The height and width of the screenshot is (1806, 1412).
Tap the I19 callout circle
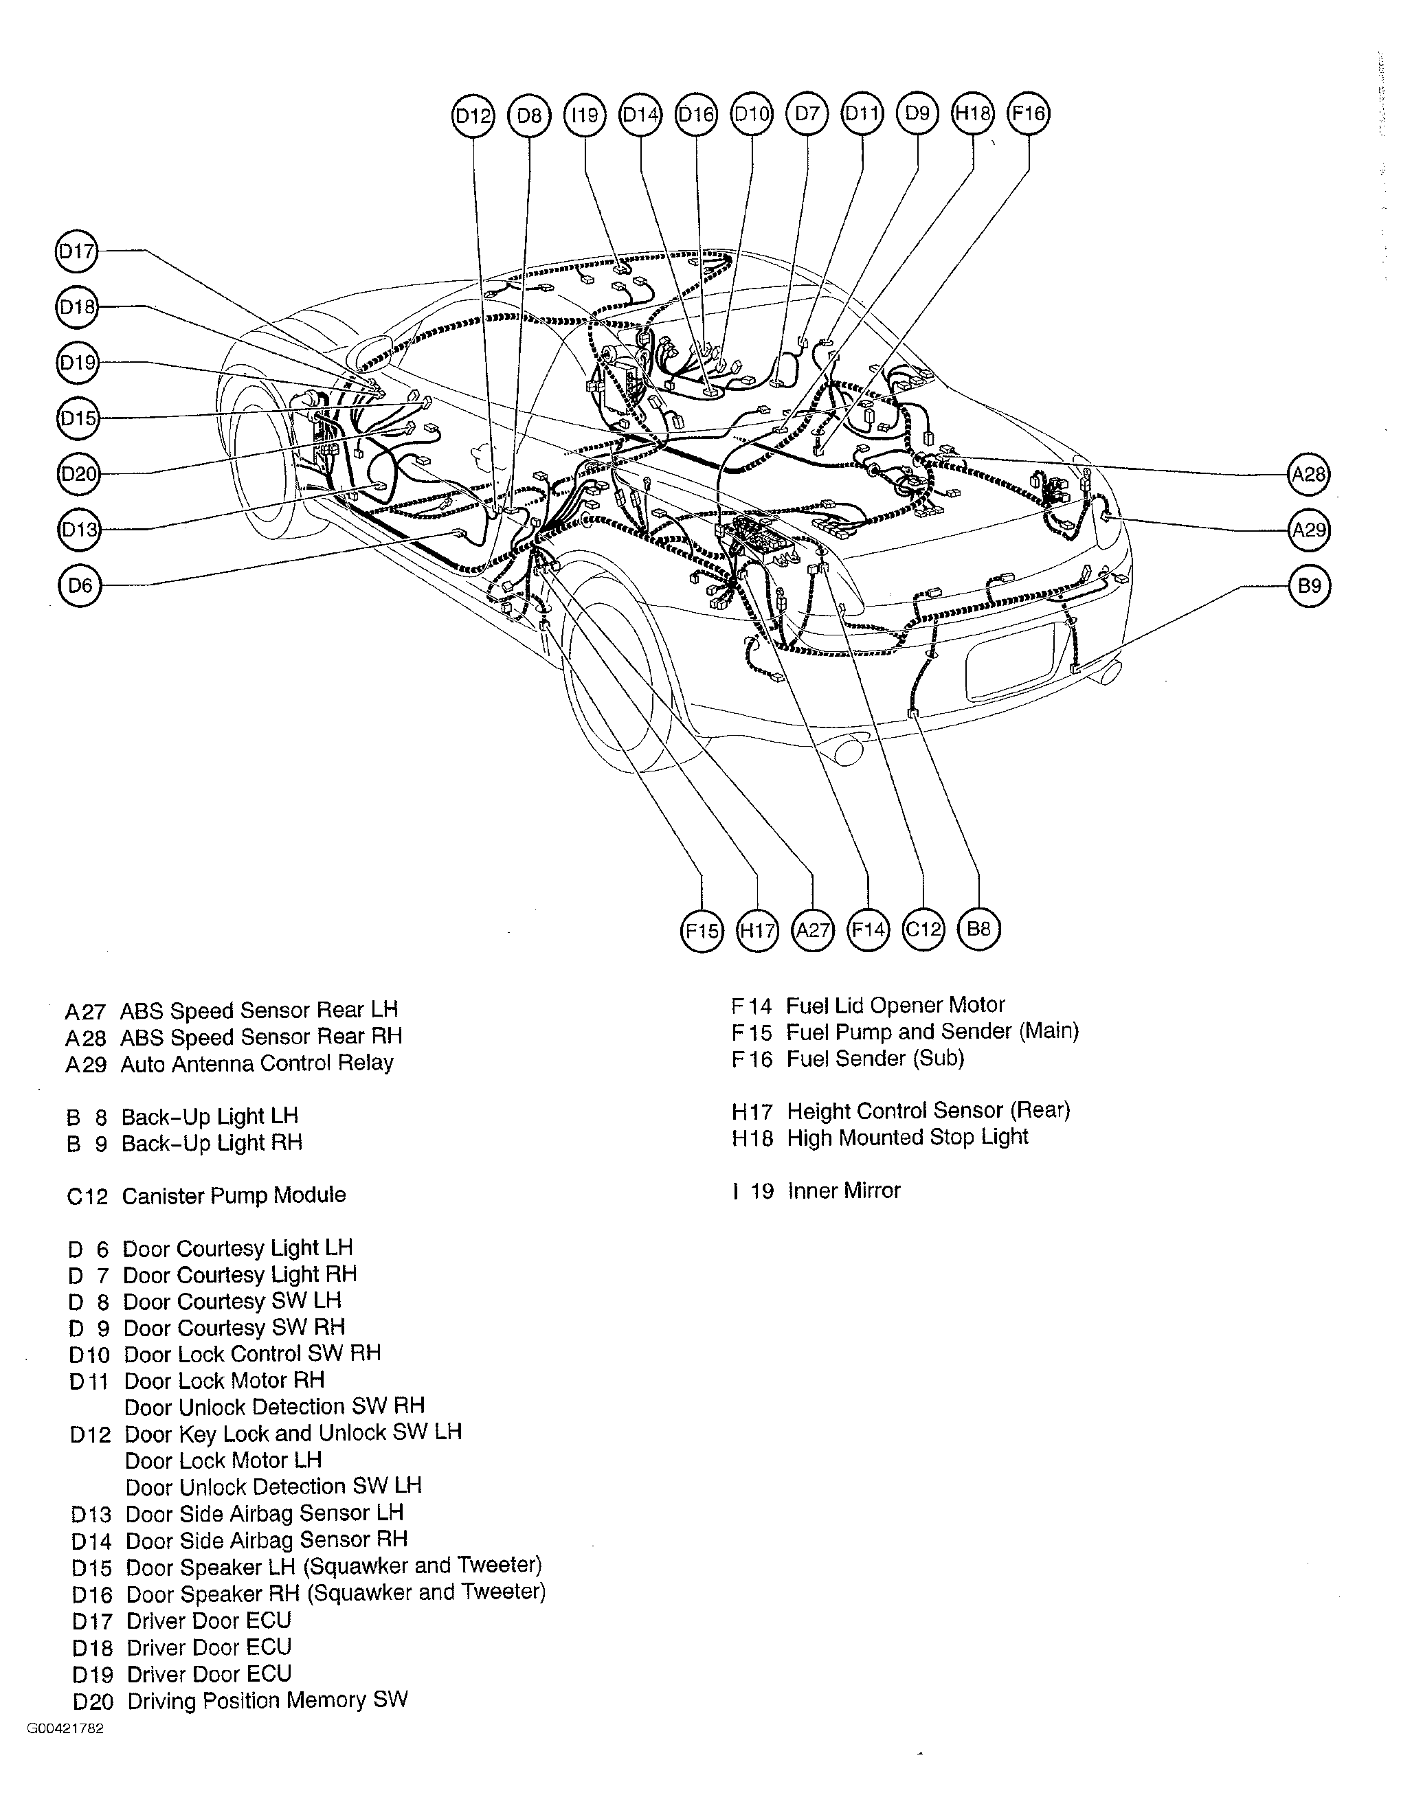tap(585, 115)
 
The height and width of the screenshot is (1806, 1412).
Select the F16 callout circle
tap(1028, 114)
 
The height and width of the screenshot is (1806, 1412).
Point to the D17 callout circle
tap(76, 251)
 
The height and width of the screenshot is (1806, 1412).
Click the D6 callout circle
tap(80, 586)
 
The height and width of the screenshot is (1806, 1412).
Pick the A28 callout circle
tap(1309, 475)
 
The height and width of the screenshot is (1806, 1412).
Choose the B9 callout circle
tap(1310, 586)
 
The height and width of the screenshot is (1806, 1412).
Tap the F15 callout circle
tap(701, 931)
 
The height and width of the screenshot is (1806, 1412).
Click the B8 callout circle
tap(978, 929)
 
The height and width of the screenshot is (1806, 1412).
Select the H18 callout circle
tap(972, 114)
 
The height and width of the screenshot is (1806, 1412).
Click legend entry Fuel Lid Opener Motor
tap(895, 1006)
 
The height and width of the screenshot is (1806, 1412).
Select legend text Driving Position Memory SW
tap(267, 1701)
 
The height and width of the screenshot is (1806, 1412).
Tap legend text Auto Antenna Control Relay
tap(256, 1063)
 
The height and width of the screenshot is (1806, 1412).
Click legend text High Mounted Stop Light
tap(908, 1138)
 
